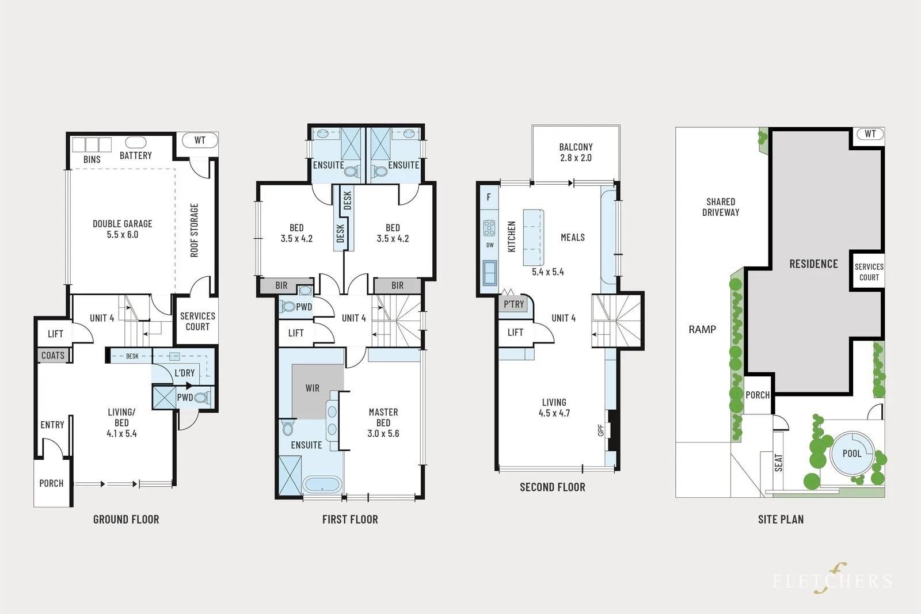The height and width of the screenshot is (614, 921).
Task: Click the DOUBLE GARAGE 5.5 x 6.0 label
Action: pyautogui.click(x=122, y=229)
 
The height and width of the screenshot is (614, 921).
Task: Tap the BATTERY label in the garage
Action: pyautogui.click(x=136, y=155)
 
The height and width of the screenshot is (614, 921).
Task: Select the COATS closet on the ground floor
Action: pyautogui.click(x=53, y=356)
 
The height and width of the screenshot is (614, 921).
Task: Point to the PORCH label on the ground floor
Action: pyautogui.click(x=51, y=483)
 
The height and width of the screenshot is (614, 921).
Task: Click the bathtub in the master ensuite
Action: pyautogui.click(x=322, y=485)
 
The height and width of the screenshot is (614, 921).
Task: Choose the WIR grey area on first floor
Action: pyautogui.click(x=313, y=388)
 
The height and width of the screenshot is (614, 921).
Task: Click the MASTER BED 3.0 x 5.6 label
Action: pyautogui.click(x=383, y=423)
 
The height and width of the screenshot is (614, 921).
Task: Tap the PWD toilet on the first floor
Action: pyautogui.click(x=287, y=307)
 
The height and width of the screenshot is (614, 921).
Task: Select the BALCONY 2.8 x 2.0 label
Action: pyautogui.click(x=576, y=152)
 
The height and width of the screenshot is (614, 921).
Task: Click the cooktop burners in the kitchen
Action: pyautogui.click(x=489, y=228)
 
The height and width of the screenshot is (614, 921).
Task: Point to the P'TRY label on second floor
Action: pyautogui.click(x=513, y=304)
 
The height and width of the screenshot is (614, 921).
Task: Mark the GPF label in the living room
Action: pyautogui.click(x=601, y=430)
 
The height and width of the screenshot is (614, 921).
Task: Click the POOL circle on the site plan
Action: pyautogui.click(x=852, y=453)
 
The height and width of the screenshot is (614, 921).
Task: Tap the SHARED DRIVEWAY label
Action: pyautogui.click(x=721, y=207)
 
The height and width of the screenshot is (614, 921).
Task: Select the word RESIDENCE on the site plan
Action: pyautogui.click(x=813, y=264)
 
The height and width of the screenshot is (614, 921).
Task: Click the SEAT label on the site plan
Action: pyautogui.click(x=779, y=463)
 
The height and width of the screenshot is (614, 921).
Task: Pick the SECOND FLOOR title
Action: pyautogui.click(x=552, y=487)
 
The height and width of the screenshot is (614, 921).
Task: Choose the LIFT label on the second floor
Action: pyautogui.click(x=515, y=333)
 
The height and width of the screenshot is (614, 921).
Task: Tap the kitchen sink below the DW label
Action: pyautogui.click(x=490, y=273)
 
